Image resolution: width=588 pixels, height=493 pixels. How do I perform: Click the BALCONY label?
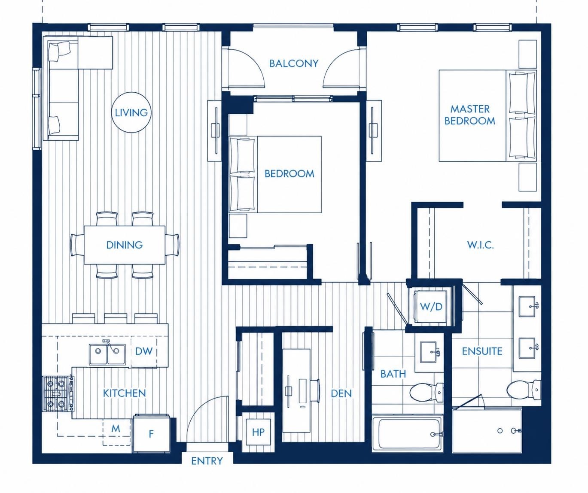(x=294, y=64)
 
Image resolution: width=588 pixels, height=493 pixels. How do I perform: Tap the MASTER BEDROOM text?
(x=470, y=115)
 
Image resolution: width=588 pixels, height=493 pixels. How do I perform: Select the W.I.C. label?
(x=481, y=245)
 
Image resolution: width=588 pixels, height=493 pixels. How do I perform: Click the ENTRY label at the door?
(x=207, y=461)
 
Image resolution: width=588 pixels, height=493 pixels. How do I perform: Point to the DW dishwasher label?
(x=144, y=351)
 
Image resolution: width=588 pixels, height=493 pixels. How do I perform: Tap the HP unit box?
(x=258, y=432)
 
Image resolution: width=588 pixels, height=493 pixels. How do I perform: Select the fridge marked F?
(x=151, y=434)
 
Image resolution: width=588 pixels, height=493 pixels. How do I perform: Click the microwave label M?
(x=116, y=429)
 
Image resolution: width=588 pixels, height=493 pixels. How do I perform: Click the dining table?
(x=125, y=245)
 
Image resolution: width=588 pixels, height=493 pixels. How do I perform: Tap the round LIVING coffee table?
(x=131, y=112)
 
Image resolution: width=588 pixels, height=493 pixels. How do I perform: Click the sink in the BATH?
(x=429, y=352)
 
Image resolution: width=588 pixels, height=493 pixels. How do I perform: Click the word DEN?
(x=341, y=393)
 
